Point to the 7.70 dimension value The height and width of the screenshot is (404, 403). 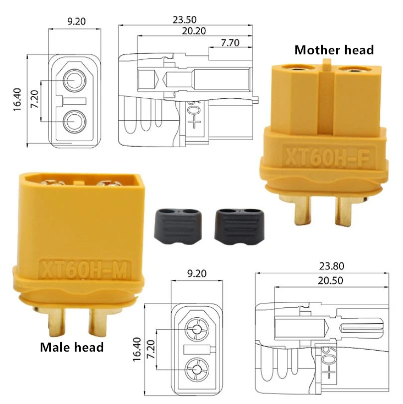tap(230, 43)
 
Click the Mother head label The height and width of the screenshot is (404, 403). tap(334, 50)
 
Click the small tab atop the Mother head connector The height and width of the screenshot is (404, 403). tap(327, 64)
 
